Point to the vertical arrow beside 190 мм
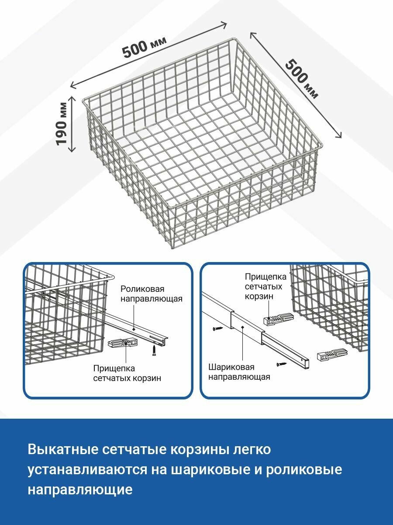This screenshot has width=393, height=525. point(72,123)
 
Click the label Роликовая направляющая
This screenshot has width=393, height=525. point(151,294)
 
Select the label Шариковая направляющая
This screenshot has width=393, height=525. point(238,372)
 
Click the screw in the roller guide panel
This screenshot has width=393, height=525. point(154,350)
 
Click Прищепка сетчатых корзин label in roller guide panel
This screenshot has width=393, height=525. point(127,373)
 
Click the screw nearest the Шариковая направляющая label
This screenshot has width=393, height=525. point(279,363)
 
